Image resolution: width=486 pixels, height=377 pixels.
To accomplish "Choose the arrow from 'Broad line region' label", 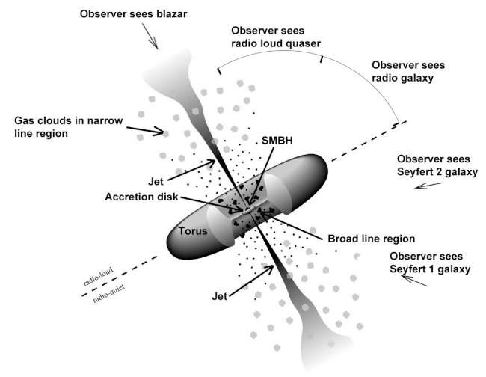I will click(295, 228).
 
